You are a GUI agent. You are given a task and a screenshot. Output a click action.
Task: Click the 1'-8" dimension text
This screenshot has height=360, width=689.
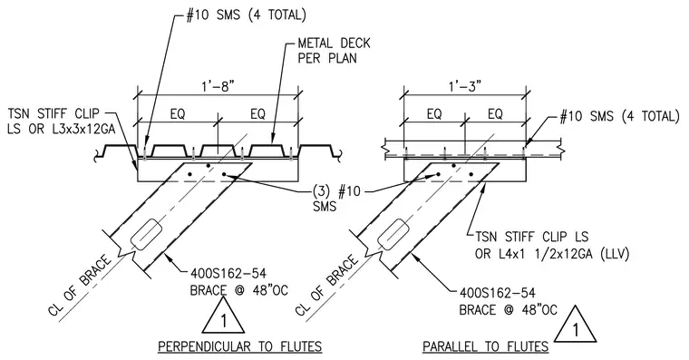pyautogui.click(x=218, y=86)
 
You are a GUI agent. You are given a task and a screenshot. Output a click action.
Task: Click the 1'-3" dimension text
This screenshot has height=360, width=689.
pyautogui.click(x=465, y=86)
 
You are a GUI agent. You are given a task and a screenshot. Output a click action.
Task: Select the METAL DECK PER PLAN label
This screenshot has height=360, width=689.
pyautogui.click(x=334, y=51)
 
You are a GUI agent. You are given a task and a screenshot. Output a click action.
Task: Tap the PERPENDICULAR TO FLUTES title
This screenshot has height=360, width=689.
pyautogui.click(x=240, y=346)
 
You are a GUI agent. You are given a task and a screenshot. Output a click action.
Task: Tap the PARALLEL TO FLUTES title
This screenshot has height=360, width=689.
pyautogui.click(x=486, y=346)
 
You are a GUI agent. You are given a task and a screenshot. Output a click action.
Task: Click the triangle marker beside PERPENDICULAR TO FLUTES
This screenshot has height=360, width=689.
pyautogui.click(x=223, y=316)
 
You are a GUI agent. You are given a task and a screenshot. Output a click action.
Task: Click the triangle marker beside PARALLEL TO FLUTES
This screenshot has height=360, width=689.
pyautogui.click(x=575, y=325)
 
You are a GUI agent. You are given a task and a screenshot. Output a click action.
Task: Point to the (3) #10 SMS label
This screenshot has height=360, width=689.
pyautogui.click(x=336, y=199)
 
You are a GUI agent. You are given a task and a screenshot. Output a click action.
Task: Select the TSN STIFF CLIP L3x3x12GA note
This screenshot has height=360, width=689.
pyautogui.click(x=62, y=122)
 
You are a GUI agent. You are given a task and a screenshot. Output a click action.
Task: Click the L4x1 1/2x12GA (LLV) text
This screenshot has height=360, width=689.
pyautogui.click(x=552, y=254)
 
